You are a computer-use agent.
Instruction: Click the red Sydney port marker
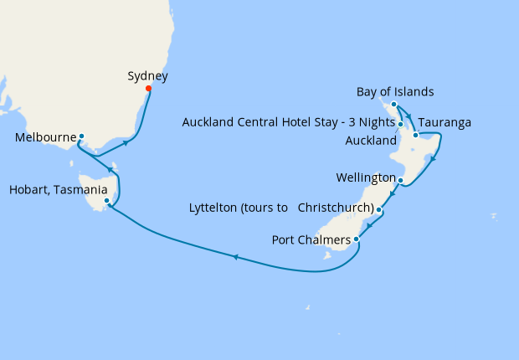click(x=148, y=89)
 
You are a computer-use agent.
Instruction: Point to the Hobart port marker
click(x=106, y=201)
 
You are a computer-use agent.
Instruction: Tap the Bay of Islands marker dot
click(x=393, y=105)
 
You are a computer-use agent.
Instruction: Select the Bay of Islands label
click(x=395, y=91)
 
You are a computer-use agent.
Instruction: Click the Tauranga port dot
click(x=414, y=135)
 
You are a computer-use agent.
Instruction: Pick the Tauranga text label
click(x=444, y=122)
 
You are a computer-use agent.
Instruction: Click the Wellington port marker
click(x=401, y=181)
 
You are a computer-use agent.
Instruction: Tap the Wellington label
click(x=365, y=178)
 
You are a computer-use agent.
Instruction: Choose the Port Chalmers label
click(x=312, y=239)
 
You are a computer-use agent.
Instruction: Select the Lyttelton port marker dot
click(x=379, y=209)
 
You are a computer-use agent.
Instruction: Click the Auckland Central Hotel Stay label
click(x=288, y=123)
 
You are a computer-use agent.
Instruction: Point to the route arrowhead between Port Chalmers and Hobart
click(x=235, y=257)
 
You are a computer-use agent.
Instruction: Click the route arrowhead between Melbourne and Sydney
click(x=126, y=143)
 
